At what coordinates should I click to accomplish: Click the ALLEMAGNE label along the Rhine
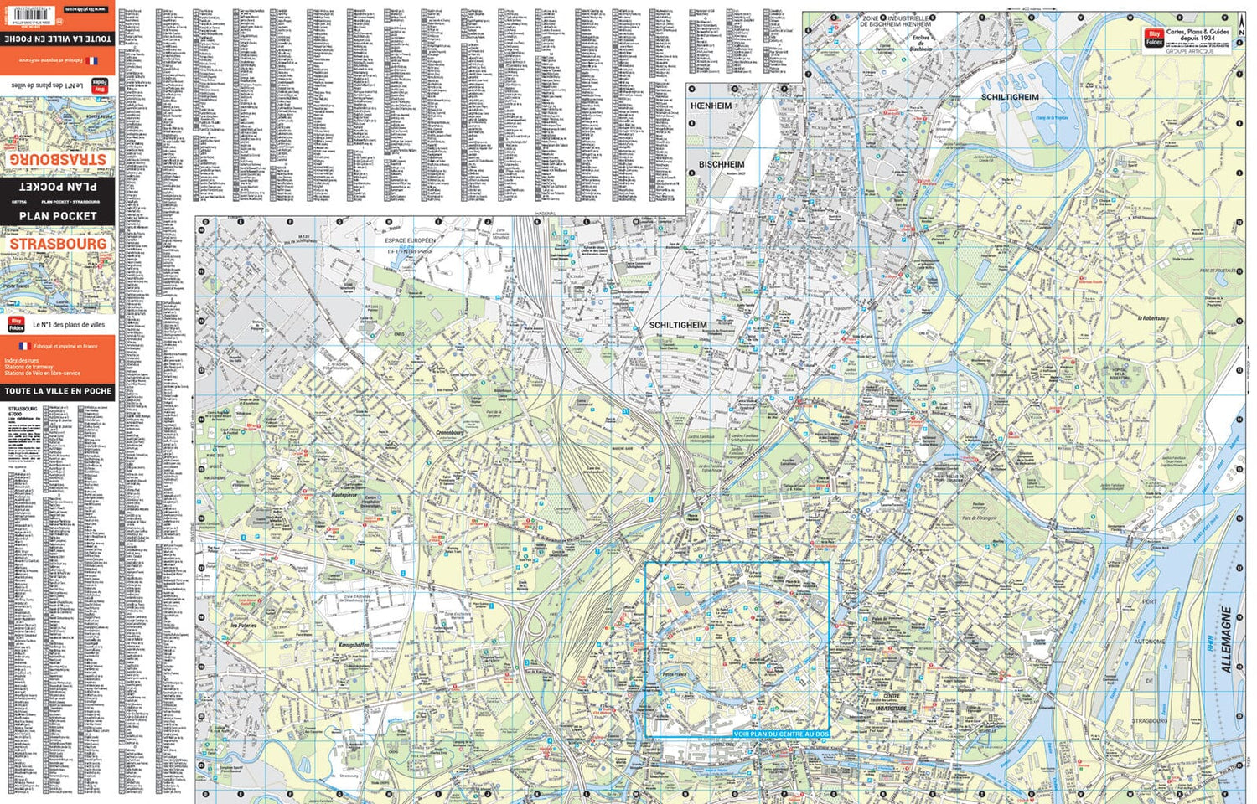tap(1227, 640)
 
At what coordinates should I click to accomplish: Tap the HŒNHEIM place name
tap(711, 106)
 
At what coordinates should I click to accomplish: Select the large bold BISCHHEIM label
tap(721, 164)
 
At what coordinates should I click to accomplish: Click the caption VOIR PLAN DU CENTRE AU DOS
tap(780, 734)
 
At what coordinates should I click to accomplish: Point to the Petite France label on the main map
tap(674, 673)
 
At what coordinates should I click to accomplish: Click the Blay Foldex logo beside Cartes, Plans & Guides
tap(1154, 38)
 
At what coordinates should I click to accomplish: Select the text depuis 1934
tap(1198, 39)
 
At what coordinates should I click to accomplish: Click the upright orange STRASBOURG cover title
tap(58, 244)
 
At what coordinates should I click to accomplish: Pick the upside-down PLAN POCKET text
tap(58, 187)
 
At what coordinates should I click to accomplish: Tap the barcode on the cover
tap(24, 10)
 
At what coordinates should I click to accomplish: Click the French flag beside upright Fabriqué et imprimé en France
tap(23, 345)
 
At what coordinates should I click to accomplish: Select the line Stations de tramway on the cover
tap(28, 367)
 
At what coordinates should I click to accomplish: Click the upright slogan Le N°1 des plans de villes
tap(69, 324)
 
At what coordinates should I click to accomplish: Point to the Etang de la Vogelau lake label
tap(1052, 118)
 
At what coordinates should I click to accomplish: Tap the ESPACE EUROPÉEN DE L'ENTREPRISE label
tap(409, 245)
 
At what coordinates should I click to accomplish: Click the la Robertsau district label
tap(1151, 318)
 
